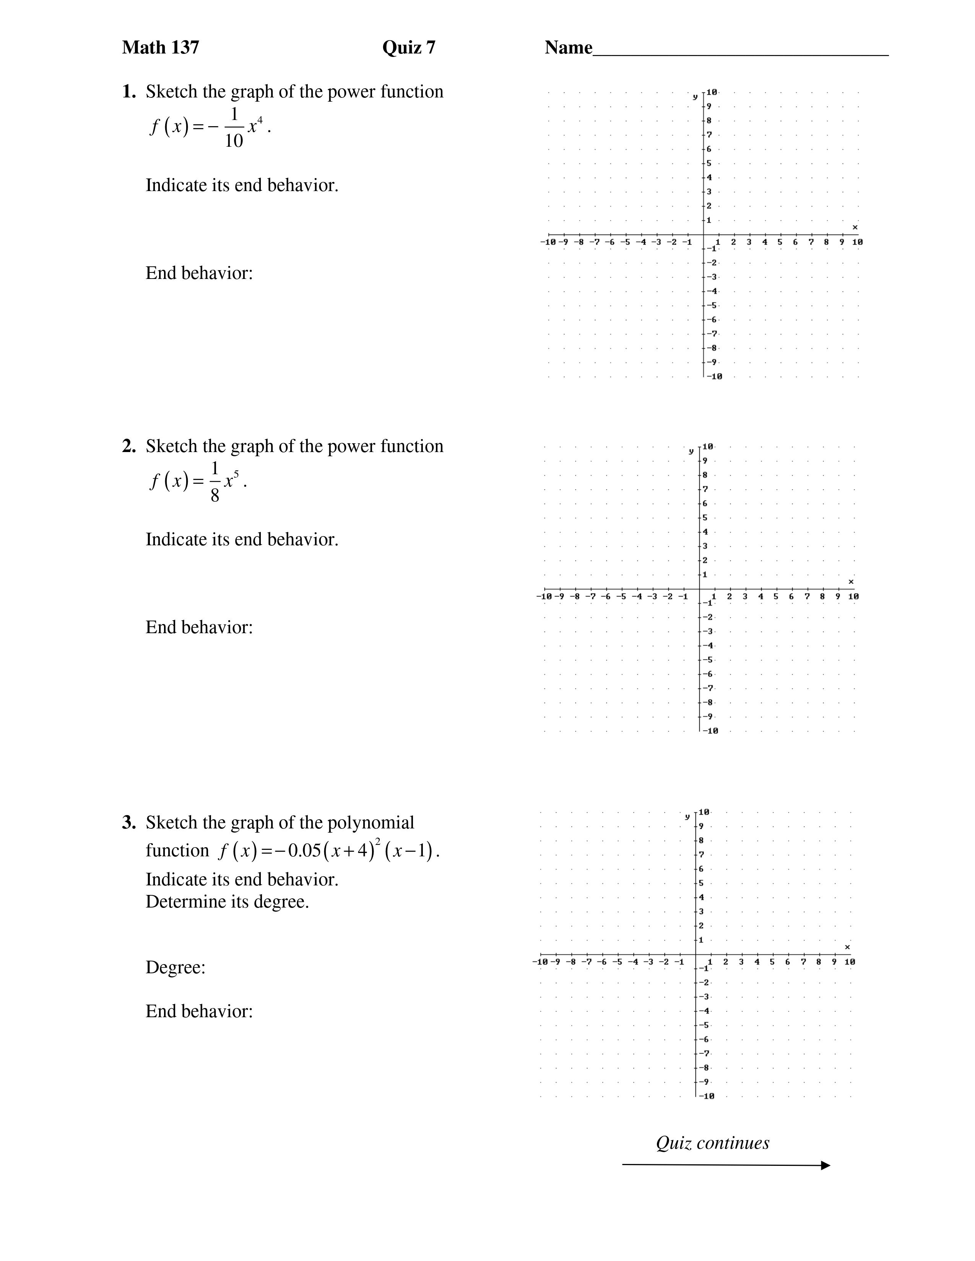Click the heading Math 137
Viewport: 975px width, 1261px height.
(161, 47)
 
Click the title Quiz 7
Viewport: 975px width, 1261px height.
(408, 47)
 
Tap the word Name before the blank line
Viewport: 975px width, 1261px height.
(568, 47)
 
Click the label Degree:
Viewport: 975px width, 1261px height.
(175, 967)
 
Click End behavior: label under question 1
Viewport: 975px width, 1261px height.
(199, 273)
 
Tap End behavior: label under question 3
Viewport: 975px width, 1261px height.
(199, 1011)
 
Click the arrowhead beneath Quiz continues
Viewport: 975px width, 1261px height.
(825, 1165)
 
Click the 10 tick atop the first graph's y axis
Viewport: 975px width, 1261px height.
(712, 92)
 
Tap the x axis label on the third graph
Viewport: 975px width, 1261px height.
(847, 947)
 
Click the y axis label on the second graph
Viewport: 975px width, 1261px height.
(691, 451)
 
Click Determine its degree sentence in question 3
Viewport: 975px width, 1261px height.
(227, 901)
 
